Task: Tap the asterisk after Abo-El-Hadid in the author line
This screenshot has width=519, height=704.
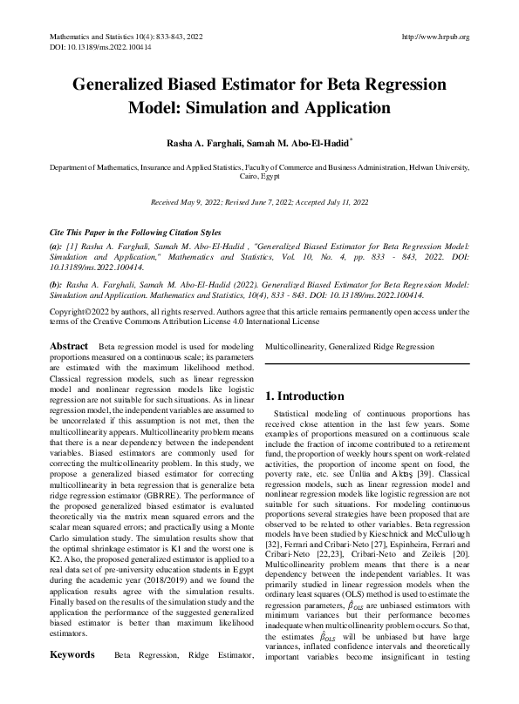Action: point(351,138)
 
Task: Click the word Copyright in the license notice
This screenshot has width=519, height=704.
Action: point(70,311)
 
